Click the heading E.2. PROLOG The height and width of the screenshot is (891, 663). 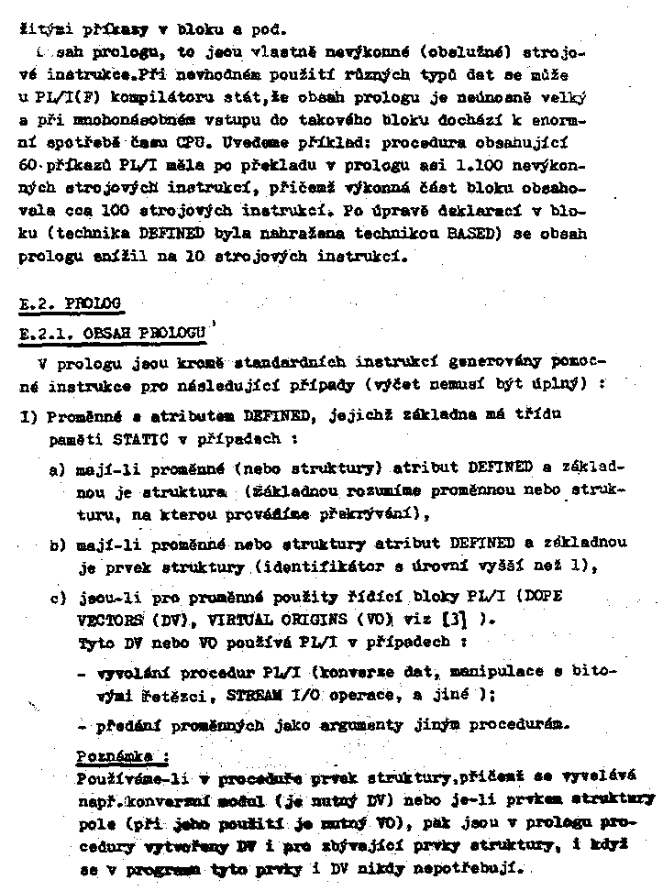pos(70,303)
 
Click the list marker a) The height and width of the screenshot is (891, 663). pos(58,469)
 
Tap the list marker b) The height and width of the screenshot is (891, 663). pos(58,544)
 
